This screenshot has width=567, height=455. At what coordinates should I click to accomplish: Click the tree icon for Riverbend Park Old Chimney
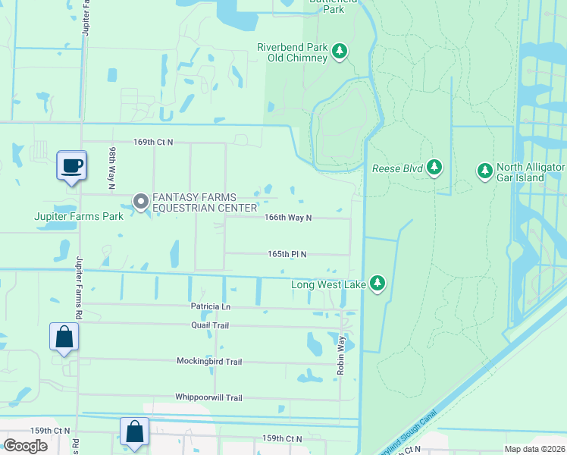[x=340, y=52]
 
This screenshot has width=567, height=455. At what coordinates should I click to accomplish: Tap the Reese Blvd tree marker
[x=434, y=167]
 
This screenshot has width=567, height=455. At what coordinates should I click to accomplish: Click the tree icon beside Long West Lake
[x=377, y=284]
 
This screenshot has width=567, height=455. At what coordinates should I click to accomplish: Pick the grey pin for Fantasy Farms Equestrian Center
[x=140, y=202]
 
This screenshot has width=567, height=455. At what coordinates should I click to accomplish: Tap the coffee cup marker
[x=72, y=166]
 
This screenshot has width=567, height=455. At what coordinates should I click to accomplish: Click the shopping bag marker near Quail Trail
[x=64, y=337]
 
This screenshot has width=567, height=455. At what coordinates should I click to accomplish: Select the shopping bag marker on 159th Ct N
[x=134, y=432]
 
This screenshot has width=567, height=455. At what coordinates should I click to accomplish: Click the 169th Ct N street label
[x=153, y=142]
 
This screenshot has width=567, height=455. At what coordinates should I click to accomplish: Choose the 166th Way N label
[x=288, y=218]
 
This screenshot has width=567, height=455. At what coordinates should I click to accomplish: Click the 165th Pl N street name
[x=287, y=254]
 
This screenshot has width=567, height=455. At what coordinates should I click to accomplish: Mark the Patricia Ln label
[x=210, y=306]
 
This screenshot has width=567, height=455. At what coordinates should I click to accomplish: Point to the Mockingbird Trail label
[x=209, y=362]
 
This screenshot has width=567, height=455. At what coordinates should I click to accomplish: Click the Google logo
[x=26, y=446]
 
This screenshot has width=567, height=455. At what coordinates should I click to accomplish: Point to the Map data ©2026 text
[x=534, y=449]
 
